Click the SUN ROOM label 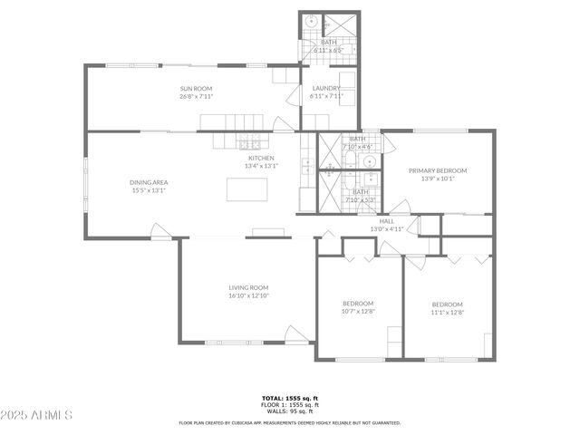[196, 88]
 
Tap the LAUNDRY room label [325, 88]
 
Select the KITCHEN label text [260, 158]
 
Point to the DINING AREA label [149, 182]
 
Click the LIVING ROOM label [248, 287]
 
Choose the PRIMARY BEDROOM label [438, 170]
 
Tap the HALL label [387, 221]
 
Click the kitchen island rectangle [247, 188]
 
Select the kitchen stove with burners [249, 142]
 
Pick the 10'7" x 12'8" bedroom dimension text [358, 312]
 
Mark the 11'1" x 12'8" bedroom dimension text [447, 313]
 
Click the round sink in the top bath [311, 22]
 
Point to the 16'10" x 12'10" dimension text [248, 295]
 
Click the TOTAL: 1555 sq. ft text [290, 398]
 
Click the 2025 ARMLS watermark [37, 415]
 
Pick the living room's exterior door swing [295, 335]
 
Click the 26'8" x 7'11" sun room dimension [196, 96]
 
